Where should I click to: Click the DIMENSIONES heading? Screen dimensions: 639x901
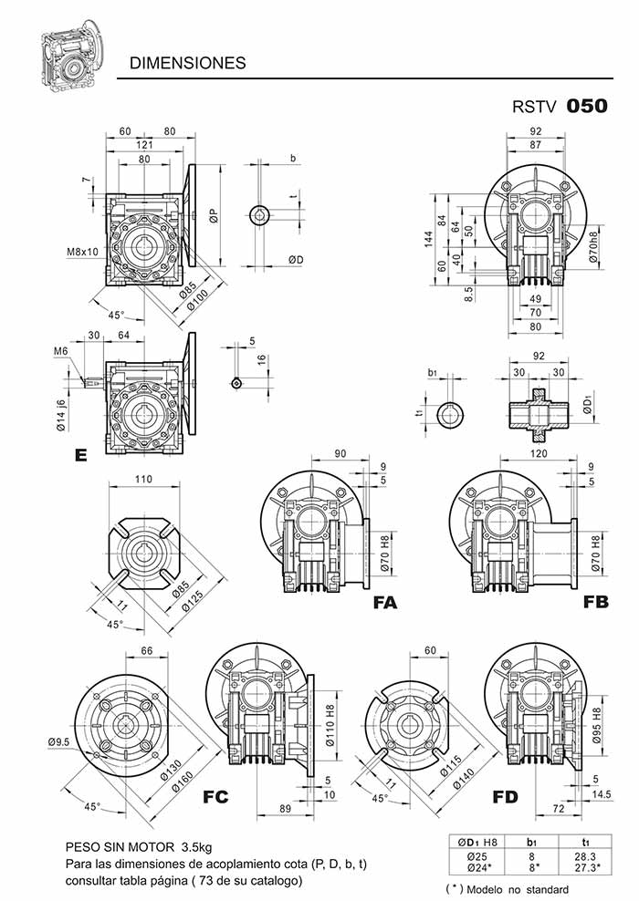coord(187,63)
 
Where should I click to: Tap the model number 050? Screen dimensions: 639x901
coord(587,107)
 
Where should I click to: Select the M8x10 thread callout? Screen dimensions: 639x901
coord(82,251)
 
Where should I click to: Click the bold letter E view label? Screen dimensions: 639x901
coord(81,455)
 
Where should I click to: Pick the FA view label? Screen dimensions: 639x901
coord(385,602)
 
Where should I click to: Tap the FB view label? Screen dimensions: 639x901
coord(595,602)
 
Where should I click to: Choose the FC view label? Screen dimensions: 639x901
coord(215,796)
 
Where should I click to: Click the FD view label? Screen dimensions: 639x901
coord(505,796)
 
